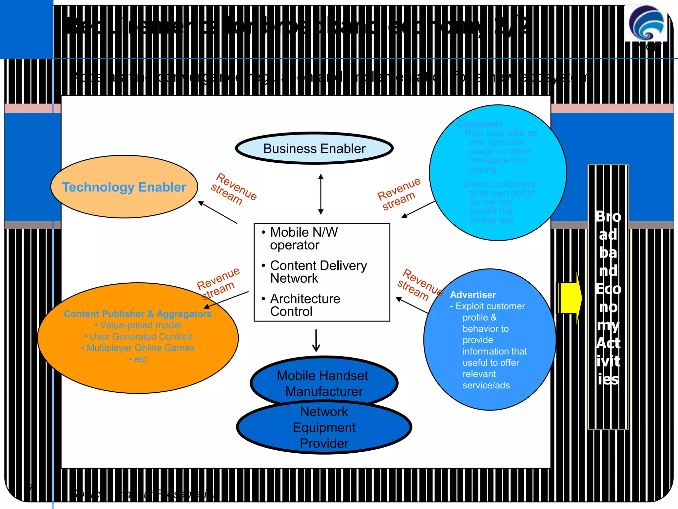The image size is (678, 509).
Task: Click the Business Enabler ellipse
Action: [314, 148]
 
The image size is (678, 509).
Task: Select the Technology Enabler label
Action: [124, 187]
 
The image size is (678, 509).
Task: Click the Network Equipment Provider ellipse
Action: [324, 427]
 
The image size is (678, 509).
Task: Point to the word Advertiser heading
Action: [473, 295]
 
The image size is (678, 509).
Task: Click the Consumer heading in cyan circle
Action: [480, 124]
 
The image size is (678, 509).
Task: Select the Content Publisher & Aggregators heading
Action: [137, 313]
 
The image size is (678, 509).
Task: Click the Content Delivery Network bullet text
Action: [318, 272]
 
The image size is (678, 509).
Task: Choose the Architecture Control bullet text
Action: [305, 305]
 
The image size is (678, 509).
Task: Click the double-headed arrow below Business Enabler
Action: [320, 194]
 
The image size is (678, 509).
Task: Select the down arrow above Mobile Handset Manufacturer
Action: [316, 341]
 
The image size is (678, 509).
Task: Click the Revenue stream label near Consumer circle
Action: [399, 194]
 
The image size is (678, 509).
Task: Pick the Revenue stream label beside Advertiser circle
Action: [419, 285]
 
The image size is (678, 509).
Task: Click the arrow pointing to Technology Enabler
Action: [218, 212]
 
